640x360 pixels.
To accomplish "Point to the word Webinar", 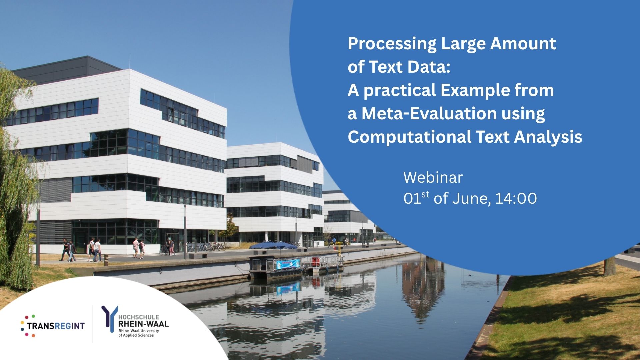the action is tap(433, 177).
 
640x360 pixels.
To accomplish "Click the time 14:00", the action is tap(516, 199).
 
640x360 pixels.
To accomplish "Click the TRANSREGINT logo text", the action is tap(56, 326).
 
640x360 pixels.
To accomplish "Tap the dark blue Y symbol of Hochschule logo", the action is tap(109, 319).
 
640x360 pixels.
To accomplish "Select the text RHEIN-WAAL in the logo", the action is tap(143, 324).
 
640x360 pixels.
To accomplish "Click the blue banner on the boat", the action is tap(288, 264).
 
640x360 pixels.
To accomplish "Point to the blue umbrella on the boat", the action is tap(273, 246).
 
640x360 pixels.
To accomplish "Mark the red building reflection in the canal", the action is tap(423, 287).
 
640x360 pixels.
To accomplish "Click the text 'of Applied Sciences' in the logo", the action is tap(136, 335).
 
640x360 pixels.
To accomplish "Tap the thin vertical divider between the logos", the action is tap(93, 324).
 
